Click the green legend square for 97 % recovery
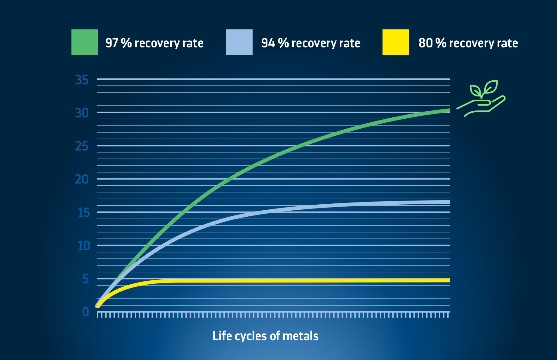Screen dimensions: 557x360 (x=84, y=42)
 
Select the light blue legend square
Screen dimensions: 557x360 (x=239, y=42)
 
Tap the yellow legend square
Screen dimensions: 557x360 (x=395, y=42)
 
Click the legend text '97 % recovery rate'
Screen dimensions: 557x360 (x=154, y=43)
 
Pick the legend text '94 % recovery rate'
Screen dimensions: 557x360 (x=311, y=43)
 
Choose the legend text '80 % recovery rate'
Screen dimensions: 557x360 (x=468, y=43)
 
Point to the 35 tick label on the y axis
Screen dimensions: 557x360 (x=82, y=80)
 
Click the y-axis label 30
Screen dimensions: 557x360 (x=82, y=113)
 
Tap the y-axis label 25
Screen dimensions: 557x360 (x=82, y=146)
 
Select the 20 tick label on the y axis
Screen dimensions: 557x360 (x=82, y=179)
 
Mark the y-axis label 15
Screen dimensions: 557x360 (x=84, y=213)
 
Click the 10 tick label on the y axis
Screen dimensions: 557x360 (x=84, y=245)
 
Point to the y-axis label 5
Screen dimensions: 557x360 (x=85, y=279)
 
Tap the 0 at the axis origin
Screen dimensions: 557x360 (x=85, y=312)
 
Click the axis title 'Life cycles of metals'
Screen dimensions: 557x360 (x=266, y=336)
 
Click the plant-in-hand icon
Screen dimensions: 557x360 (x=481, y=98)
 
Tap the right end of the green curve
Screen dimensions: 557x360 (x=450, y=110)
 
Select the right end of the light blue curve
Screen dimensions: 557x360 (x=450, y=202)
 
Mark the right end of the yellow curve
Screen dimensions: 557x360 (x=450, y=280)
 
